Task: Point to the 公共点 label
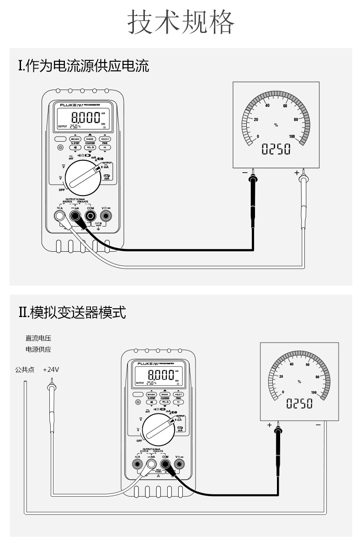point(24,369)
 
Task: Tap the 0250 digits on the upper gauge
point(276,149)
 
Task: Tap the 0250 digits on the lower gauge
point(299,403)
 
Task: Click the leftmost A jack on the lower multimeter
point(137,465)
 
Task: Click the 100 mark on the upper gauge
point(292,137)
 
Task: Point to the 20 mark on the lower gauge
point(281,376)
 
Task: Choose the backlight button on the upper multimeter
point(60,148)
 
